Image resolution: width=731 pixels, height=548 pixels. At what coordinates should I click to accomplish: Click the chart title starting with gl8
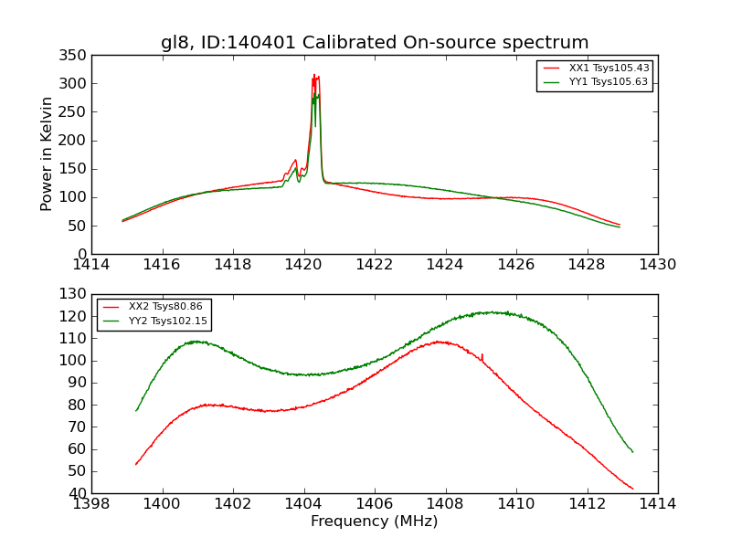(x=375, y=43)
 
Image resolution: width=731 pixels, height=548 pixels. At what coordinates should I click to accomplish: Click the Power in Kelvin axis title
(x=48, y=154)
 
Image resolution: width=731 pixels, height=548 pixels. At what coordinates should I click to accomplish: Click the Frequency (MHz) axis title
(x=375, y=522)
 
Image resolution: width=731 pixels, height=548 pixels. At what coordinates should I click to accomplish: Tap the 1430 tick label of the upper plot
(x=658, y=265)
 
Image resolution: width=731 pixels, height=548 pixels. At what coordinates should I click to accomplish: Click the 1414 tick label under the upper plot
(x=91, y=265)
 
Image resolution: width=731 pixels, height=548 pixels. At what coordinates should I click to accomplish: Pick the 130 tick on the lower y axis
(x=74, y=294)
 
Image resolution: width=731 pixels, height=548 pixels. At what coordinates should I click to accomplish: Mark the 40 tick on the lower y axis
(x=78, y=493)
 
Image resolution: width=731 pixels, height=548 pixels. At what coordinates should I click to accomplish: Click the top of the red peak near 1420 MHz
(x=314, y=75)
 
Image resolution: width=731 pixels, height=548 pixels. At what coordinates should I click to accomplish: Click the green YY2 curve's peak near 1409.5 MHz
(x=493, y=312)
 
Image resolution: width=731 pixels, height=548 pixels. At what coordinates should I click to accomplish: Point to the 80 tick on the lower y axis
(x=78, y=405)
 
